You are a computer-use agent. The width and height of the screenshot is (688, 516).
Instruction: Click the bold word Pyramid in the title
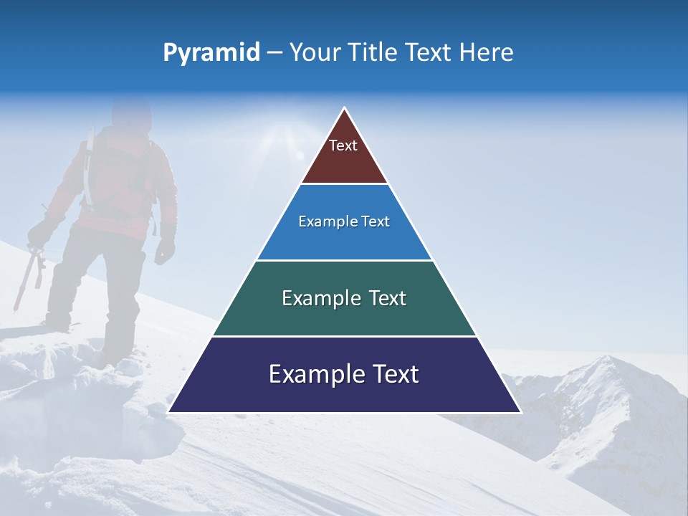click(x=211, y=53)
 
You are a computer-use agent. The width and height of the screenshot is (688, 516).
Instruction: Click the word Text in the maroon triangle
click(x=343, y=145)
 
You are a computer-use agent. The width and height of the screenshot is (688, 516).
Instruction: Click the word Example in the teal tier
click(x=314, y=298)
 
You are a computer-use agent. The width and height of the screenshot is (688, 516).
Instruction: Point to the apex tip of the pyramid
click(x=345, y=110)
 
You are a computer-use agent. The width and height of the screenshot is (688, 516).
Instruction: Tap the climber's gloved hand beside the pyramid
click(x=166, y=247)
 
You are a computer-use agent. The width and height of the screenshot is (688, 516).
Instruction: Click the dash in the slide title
click(x=274, y=53)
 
